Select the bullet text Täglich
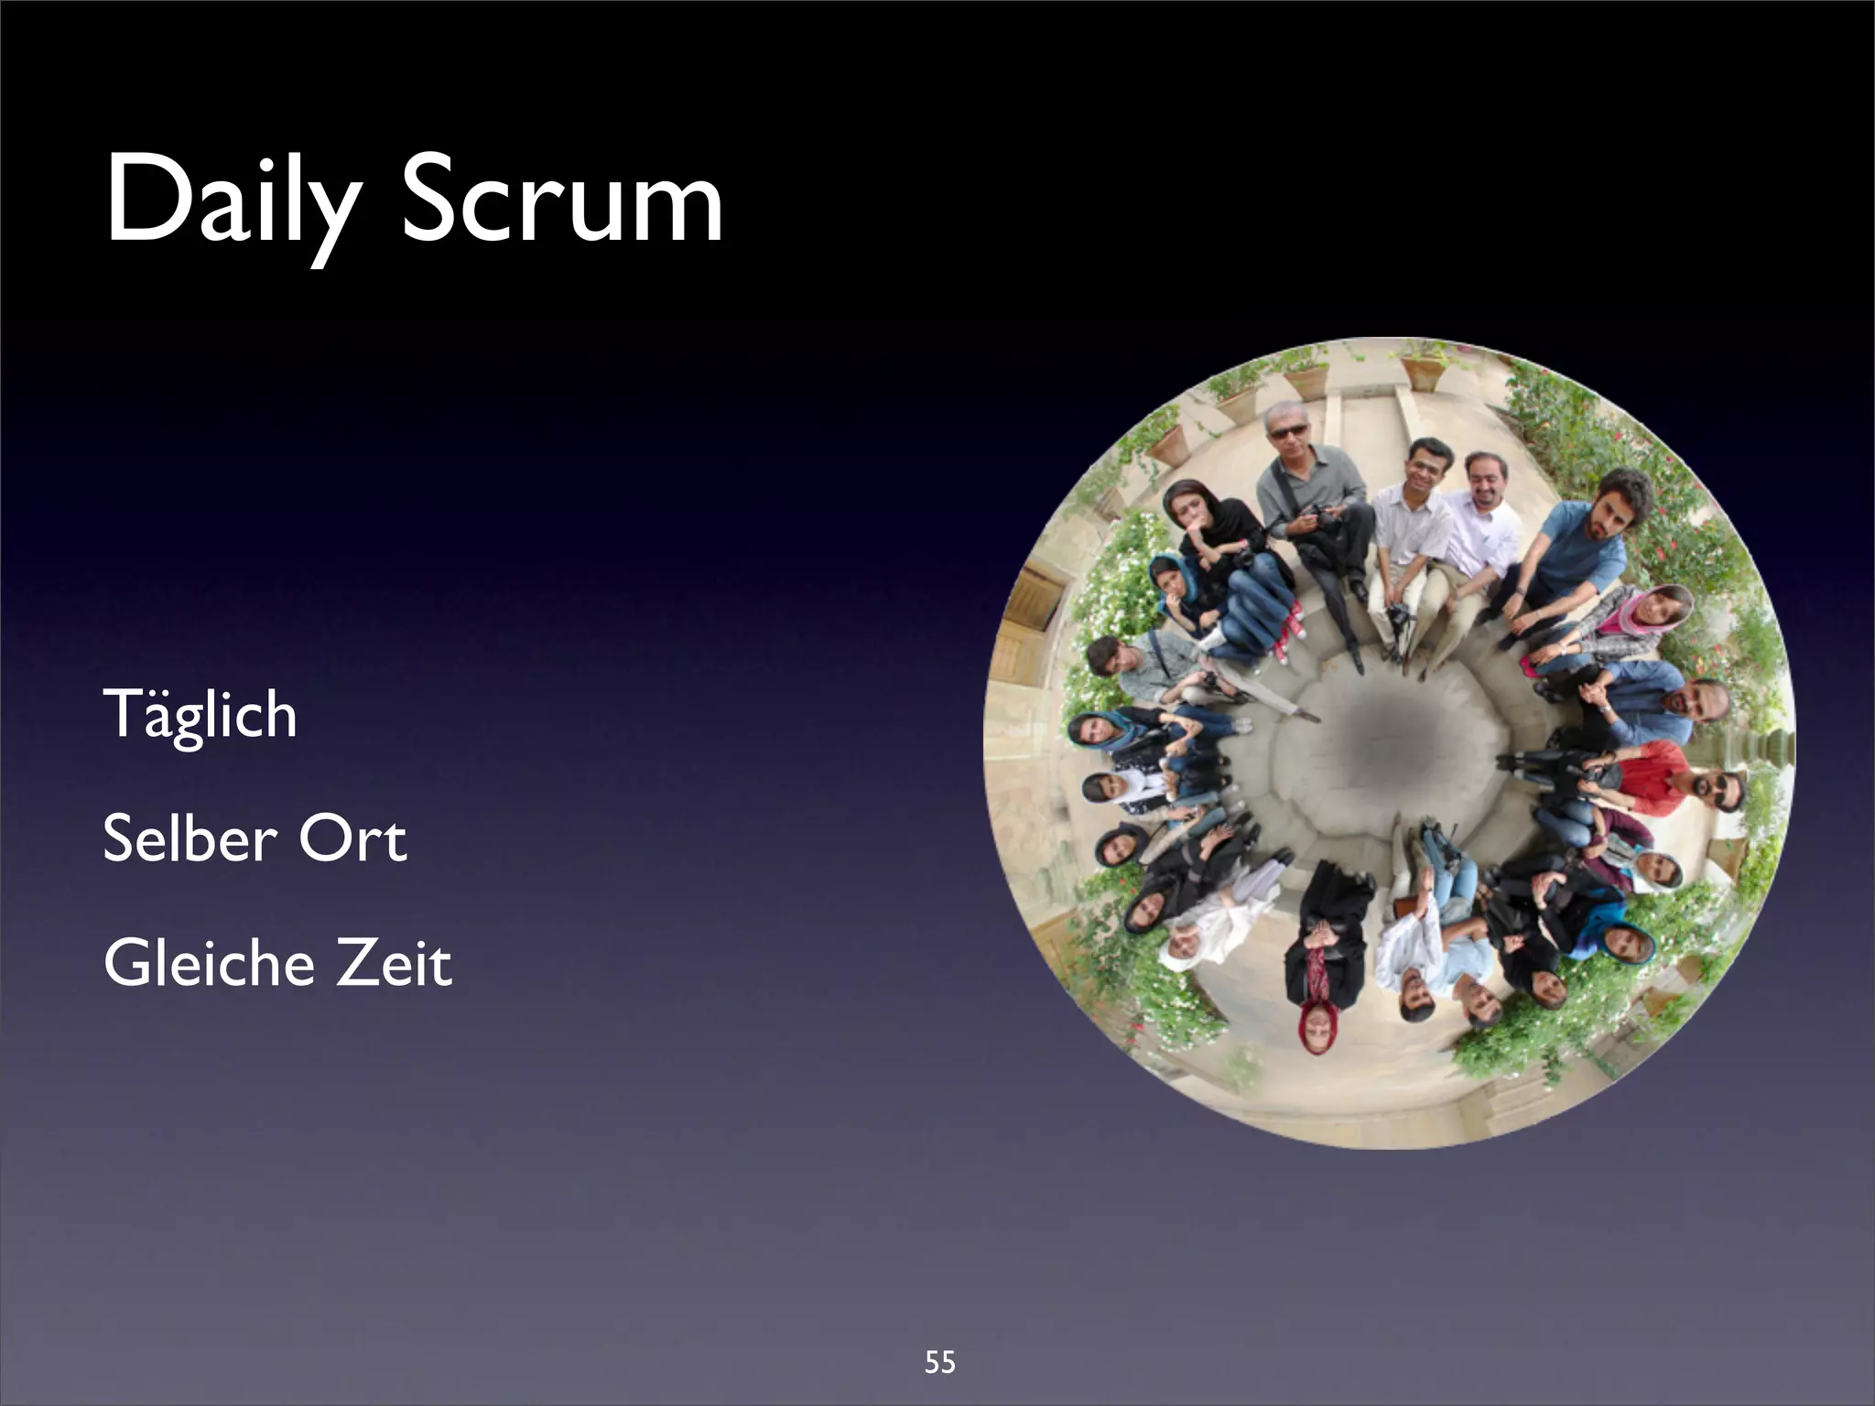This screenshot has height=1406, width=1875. [200, 714]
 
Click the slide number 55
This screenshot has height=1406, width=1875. [939, 1363]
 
